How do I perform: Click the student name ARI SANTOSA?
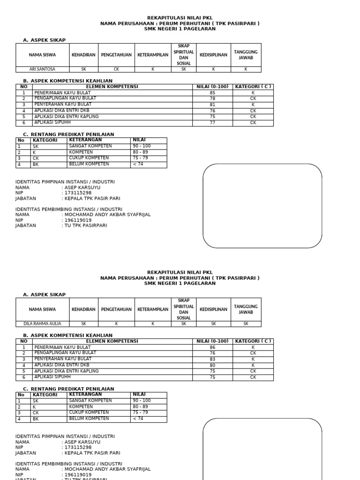click(x=42, y=69)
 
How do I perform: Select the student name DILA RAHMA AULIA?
click(x=42, y=324)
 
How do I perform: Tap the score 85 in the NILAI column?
click(x=212, y=93)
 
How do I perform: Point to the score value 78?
click(x=212, y=99)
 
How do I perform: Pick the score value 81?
click(x=212, y=105)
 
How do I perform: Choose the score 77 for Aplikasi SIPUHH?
click(x=212, y=123)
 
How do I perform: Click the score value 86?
click(x=212, y=347)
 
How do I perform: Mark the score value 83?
click(x=212, y=359)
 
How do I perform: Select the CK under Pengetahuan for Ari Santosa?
click(x=116, y=69)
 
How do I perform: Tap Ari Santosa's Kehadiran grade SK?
click(x=83, y=69)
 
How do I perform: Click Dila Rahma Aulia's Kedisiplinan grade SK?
click(x=213, y=324)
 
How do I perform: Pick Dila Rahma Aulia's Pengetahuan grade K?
click(x=116, y=324)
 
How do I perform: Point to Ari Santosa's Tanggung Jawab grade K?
click(x=246, y=69)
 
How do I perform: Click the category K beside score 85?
click(x=253, y=93)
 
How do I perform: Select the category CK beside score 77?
click(x=253, y=123)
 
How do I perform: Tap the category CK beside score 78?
click(x=253, y=99)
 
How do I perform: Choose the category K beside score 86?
click(x=253, y=347)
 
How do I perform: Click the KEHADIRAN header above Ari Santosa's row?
click(x=83, y=55)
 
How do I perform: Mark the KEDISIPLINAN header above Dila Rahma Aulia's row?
click(x=213, y=309)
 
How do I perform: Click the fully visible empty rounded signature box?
click(x=262, y=206)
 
